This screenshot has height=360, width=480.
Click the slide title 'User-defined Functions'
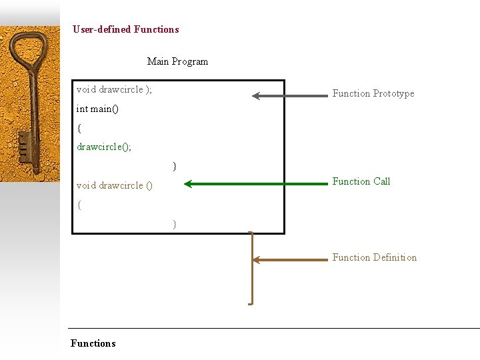click(126, 29)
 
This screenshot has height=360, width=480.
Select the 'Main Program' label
click(177, 61)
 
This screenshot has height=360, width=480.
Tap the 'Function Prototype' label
click(373, 93)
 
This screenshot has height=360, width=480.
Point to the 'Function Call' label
click(361, 181)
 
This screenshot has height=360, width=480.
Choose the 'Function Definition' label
click(375, 257)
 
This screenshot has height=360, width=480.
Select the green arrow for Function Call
click(257, 183)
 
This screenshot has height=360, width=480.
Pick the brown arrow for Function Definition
click(291, 260)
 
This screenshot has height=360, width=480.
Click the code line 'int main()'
click(97, 109)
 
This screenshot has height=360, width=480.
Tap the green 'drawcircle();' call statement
click(104, 147)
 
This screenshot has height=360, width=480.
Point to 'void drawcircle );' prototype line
click(114, 89)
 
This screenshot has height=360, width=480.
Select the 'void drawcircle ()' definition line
click(115, 185)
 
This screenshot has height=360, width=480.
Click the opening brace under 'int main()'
click(79, 127)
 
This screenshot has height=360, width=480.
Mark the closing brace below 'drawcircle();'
click(175, 165)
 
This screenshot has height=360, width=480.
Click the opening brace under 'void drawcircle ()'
click(79, 205)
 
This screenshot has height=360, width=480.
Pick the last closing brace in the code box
click(175, 224)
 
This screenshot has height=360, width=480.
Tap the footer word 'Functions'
click(93, 343)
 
